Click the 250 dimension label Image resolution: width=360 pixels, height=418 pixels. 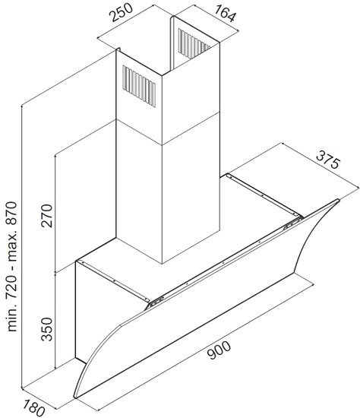(122, 12)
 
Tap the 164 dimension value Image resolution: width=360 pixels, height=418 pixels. (225, 14)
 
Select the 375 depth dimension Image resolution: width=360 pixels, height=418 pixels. (328, 160)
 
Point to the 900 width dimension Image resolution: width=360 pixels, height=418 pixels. (219, 350)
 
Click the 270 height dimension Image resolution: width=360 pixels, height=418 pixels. (47, 215)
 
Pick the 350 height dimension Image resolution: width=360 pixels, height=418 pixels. (47, 329)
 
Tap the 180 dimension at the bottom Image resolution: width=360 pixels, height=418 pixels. (34, 407)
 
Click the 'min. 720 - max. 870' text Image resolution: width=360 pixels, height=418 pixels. (12, 267)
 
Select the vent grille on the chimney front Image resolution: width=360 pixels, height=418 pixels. (139, 87)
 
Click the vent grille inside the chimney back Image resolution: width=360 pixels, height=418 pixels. (193, 43)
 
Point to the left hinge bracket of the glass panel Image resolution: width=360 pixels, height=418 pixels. (156, 302)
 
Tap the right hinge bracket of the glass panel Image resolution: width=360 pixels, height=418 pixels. (292, 223)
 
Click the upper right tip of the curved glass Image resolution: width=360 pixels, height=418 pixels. (339, 200)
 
